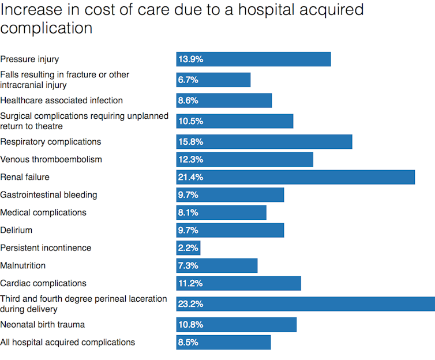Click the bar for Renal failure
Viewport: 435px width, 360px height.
coord(295,177)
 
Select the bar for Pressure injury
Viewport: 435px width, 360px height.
coord(253,59)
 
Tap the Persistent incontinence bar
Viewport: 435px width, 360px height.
coord(188,248)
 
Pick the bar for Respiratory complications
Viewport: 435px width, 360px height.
coord(264,142)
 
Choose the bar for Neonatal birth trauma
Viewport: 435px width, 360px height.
coord(237,324)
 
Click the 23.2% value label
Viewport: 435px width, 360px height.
coord(190,304)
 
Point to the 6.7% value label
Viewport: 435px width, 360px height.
coord(188,80)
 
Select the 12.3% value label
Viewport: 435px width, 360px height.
coord(190,159)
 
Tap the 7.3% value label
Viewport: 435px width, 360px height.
coord(188,266)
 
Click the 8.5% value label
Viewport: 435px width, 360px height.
coord(188,342)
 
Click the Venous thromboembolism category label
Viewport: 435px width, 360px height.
coord(51,159)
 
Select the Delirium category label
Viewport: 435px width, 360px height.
coord(16,230)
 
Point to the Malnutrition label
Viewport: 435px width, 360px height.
coord(22,266)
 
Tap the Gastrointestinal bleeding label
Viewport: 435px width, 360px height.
coord(48,195)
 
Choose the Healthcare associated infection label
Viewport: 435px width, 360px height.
coord(61,100)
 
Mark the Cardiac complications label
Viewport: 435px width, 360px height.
coord(43,283)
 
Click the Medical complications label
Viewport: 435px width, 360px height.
coord(43,212)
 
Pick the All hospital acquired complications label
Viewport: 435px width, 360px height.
coord(67,342)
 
